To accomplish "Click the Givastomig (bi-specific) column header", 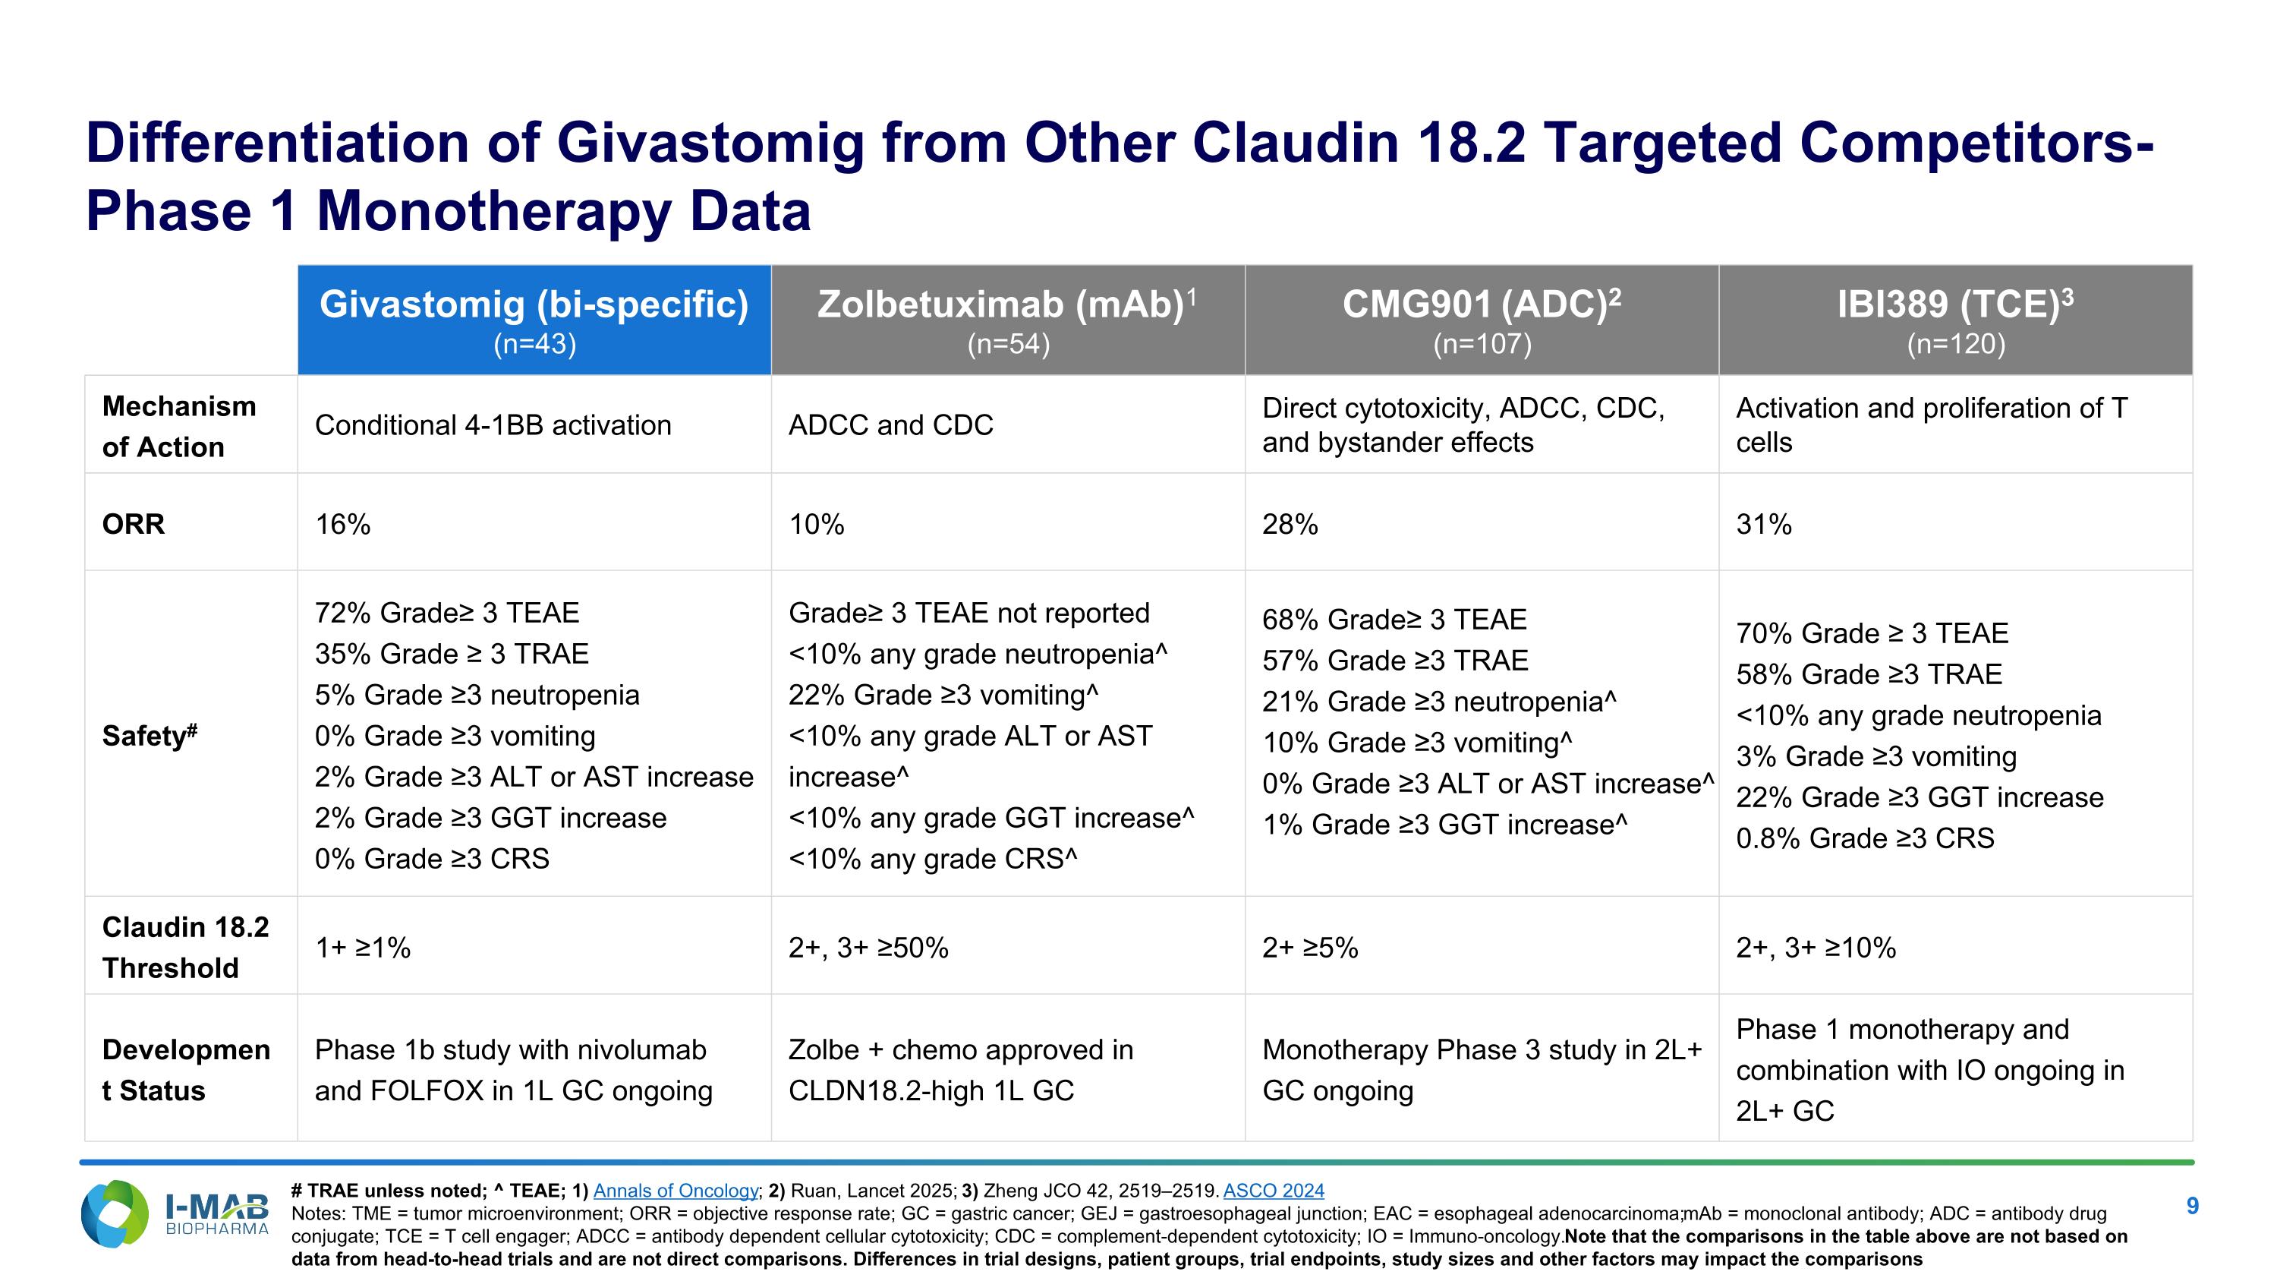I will point(534,319).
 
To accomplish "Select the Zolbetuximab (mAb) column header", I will point(1008,319).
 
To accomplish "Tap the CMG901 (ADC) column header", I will point(1482,319).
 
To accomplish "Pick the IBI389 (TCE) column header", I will point(1955,319).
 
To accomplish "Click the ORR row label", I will point(134,523).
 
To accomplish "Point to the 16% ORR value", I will point(343,524).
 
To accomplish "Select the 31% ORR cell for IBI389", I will point(1763,524).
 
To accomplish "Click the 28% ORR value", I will point(1290,524).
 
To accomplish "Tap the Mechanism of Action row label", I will point(179,426).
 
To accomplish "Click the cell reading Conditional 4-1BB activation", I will point(493,425).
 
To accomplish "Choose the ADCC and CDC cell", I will point(890,425).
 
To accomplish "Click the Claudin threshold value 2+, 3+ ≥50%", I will point(868,948).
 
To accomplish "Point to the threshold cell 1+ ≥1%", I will point(362,948).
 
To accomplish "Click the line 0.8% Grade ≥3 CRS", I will point(1864,838).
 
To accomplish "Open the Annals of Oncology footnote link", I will point(676,1191).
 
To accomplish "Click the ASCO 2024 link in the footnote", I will point(1273,1191).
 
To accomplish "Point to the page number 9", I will point(2192,1207).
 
